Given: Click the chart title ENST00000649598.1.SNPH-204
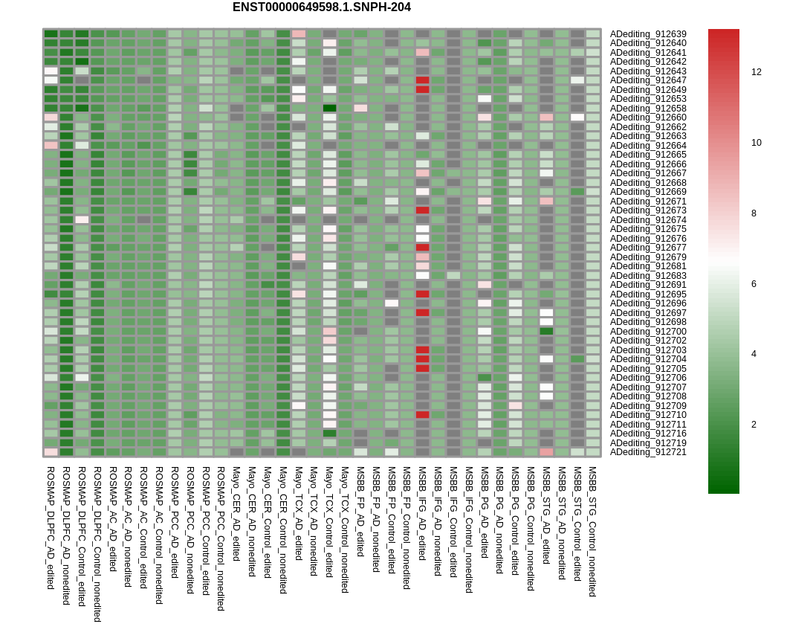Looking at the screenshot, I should [321, 7].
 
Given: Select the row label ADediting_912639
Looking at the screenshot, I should [648, 34].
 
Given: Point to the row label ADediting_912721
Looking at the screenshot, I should [648, 452].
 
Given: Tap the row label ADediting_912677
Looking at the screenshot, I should [648, 248].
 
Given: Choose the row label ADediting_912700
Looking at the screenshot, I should [648, 332].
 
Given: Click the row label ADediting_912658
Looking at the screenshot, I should [648, 109].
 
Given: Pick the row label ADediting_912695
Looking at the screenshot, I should [648, 294].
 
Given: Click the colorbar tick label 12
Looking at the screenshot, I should [756, 72].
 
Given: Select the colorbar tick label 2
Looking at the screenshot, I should [754, 425].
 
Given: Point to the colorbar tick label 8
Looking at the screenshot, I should [754, 213].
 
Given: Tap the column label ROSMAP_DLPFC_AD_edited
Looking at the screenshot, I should [51, 527].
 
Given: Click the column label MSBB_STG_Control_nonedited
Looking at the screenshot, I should [592, 531].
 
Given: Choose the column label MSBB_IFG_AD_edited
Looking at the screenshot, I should [422, 513].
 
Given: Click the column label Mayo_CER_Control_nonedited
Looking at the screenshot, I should [283, 529].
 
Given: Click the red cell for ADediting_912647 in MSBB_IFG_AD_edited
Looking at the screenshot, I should [422, 80].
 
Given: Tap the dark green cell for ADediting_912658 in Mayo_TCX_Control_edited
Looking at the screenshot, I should [329, 109].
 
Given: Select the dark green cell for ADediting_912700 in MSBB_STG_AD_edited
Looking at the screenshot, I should [546, 332].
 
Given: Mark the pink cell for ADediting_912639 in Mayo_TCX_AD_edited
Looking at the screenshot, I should [299, 34].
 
